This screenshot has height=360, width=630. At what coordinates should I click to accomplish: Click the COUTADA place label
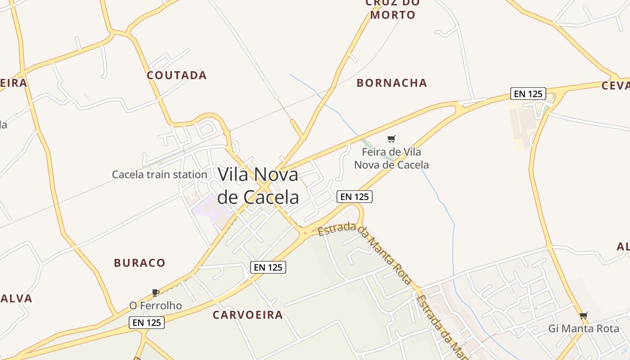click(x=176, y=75)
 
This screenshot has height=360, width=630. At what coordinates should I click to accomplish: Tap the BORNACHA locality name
click(x=391, y=83)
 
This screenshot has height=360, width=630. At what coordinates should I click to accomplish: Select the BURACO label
click(x=139, y=263)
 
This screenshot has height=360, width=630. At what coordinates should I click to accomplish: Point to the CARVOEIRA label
click(x=248, y=315)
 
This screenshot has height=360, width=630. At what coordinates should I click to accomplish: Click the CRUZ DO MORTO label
click(x=393, y=9)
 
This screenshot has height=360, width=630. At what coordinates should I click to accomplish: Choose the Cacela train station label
click(x=159, y=175)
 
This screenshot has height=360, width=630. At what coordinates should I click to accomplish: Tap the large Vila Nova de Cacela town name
click(x=258, y=185)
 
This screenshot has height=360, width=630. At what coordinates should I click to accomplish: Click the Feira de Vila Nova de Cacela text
click(x=391, y=158)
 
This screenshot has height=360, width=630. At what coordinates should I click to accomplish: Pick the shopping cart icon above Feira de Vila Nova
click(x=391, y=139)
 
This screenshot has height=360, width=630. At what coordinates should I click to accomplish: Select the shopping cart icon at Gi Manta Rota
click(x=584, y=315)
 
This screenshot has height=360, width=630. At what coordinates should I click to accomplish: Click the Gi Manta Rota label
click(x=584, y=328)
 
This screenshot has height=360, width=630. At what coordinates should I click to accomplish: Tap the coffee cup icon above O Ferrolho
click(x=156, y=292)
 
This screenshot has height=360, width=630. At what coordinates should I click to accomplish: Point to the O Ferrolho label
click(x=156, y=306)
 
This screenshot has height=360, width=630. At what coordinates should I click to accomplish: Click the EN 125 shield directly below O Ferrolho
click(x=147, y=322)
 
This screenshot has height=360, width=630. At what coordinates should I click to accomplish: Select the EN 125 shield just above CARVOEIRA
click(x=268, y=267)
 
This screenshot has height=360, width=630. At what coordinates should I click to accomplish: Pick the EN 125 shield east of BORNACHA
click(x=528, y=94)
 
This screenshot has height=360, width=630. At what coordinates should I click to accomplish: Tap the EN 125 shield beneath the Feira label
click(x=355, y=197)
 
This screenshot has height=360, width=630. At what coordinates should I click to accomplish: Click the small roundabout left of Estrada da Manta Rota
click(x=305, y=233)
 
